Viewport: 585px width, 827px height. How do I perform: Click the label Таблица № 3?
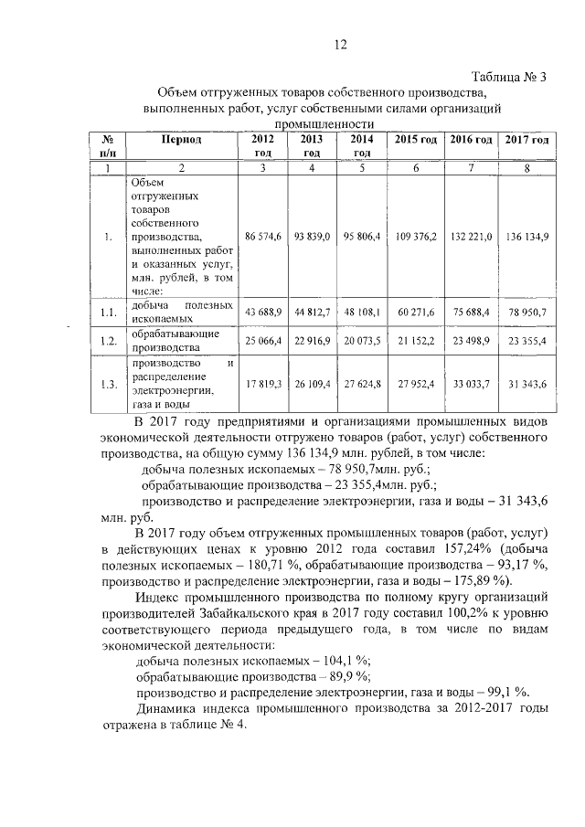coord(508,76)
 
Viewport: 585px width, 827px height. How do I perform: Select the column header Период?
coord(181,140)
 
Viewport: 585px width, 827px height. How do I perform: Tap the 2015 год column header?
coord(416,140)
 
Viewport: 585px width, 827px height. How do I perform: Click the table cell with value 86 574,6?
coord(262,237)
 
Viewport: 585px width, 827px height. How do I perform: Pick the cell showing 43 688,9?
coord(262,312)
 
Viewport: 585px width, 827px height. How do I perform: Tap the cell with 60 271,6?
coord(416,312)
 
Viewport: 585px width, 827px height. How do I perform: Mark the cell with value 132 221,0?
coord(471,237)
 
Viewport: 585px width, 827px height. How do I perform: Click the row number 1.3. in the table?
coord(108,385)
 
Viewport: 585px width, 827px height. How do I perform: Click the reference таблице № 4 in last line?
coord(200,728)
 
